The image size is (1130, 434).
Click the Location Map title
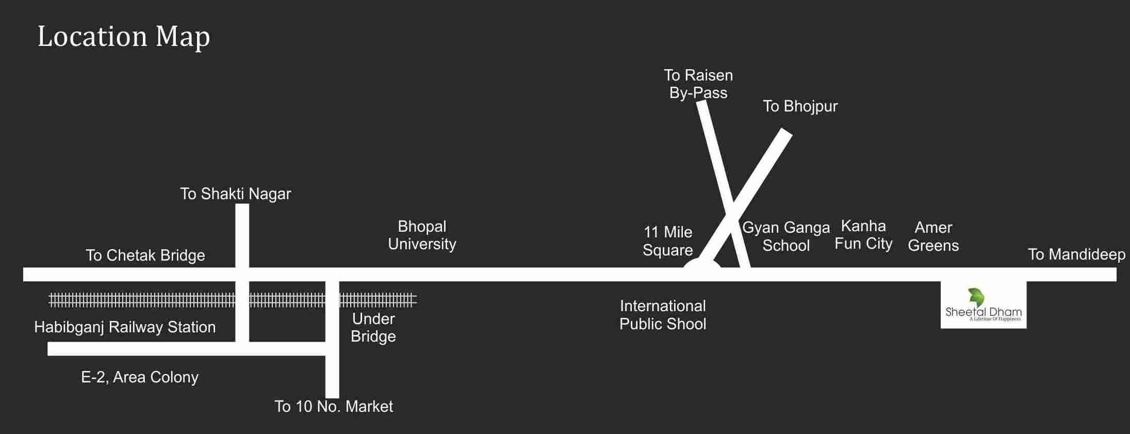[x=124, y=37]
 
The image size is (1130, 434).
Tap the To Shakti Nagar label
[x=235, y=194]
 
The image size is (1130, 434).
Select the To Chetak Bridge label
[x=145, y=255]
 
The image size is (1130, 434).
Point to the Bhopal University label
[x=422, y=235]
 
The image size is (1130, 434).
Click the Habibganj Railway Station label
[x=125, y=327]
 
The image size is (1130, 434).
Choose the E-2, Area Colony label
[x=140, y=377]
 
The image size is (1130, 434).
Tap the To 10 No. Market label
[x=333, y=407]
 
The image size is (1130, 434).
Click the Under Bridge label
[x=373, y=328]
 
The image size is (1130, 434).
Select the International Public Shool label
[x=663, y=315]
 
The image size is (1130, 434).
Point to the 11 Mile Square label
[x=667, y=241]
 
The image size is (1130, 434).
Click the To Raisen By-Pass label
[x=698, y=84]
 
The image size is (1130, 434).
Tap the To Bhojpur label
[x=800, y=106]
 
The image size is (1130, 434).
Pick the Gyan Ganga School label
[x=785, y=236]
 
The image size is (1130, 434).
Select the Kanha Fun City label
[x=863, y=235]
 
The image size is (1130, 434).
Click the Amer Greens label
[x=933, y=236]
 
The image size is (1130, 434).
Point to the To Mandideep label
[x=1076, y=254]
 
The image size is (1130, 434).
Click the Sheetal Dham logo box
[x=983, y=305]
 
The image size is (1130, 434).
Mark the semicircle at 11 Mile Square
[x=701, y=264]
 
